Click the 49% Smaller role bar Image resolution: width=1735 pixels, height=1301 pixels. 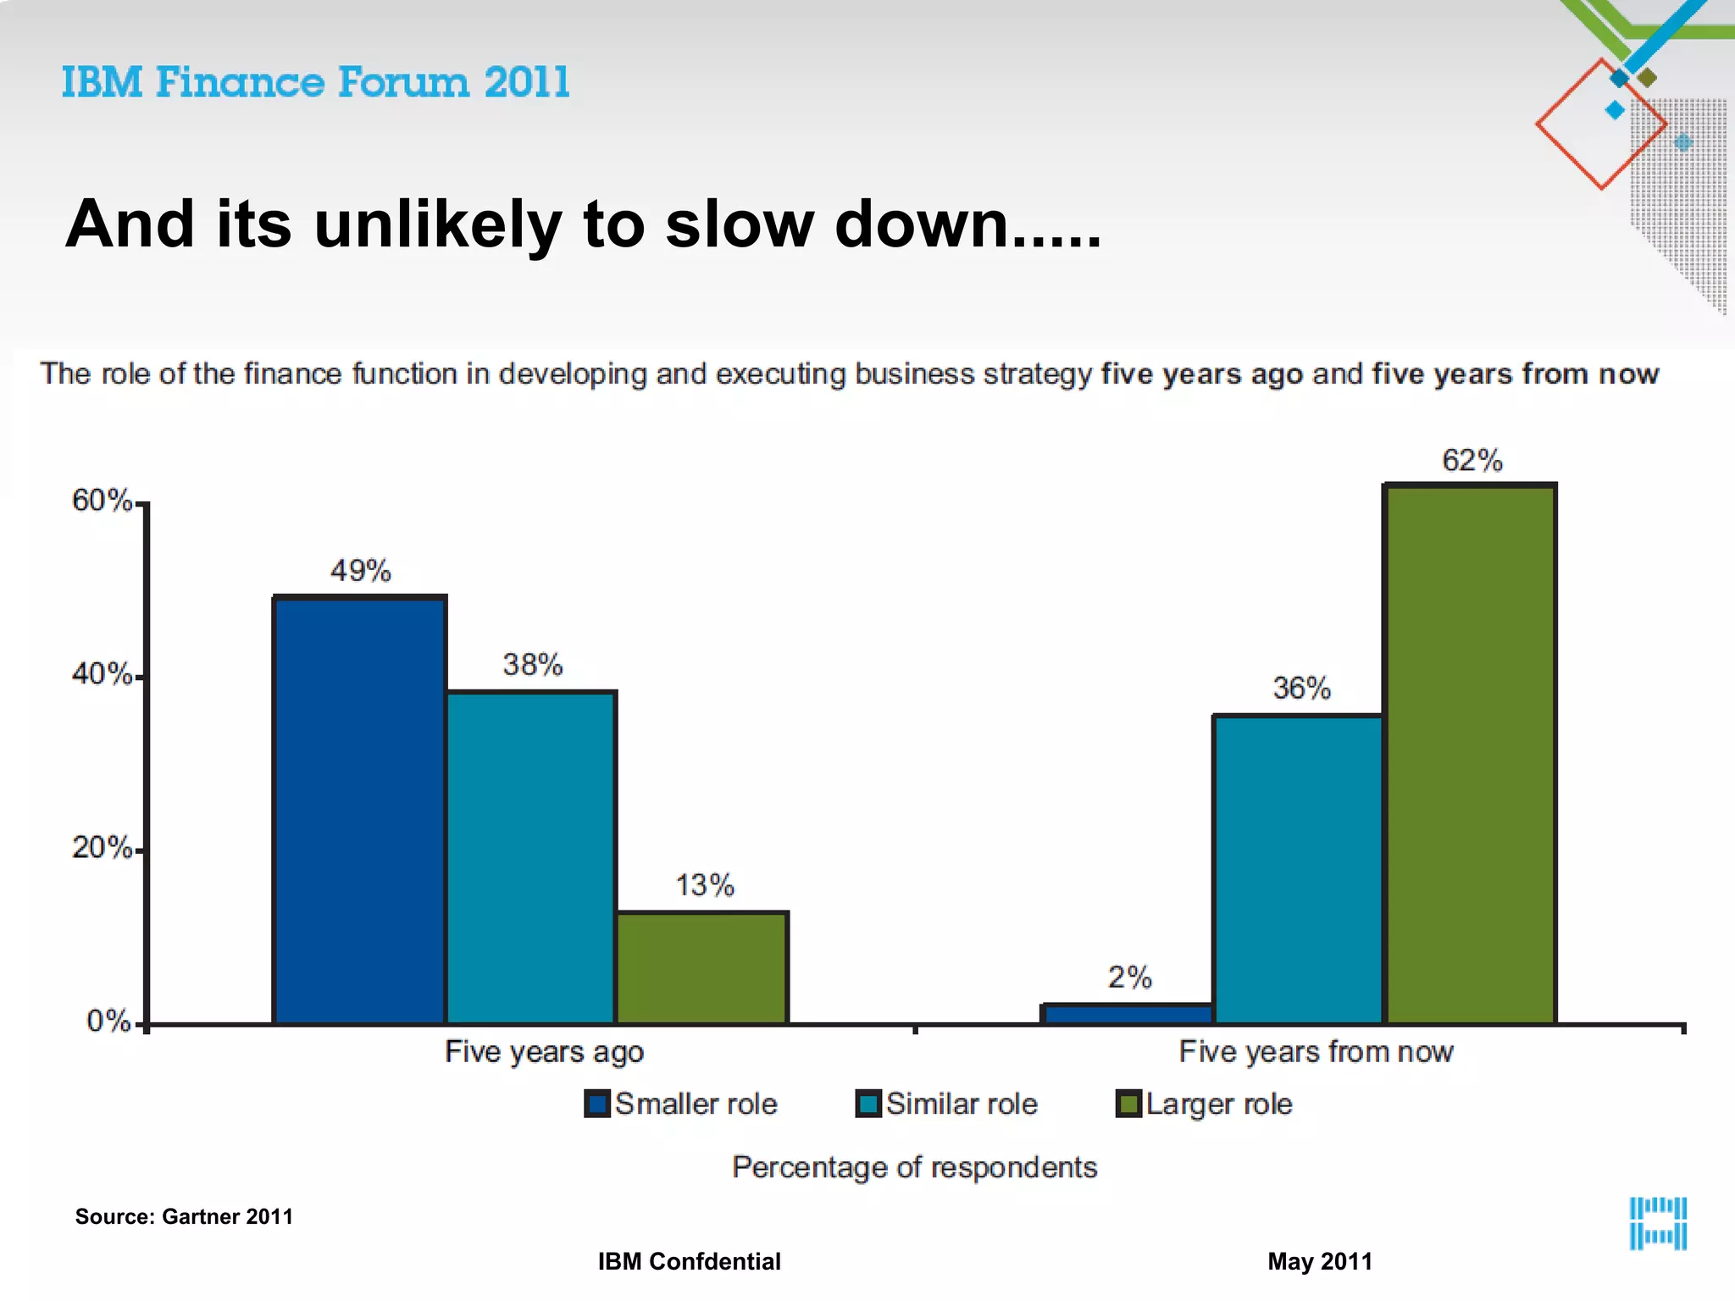(x=360, y=809)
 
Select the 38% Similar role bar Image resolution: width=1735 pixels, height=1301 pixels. (x=531, y=857)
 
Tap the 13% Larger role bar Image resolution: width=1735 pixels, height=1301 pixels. (x=702, y=967)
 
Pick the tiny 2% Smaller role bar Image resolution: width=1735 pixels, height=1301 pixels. (x=1128, y=1014)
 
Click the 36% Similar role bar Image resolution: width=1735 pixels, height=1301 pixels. (x=1298, y=869)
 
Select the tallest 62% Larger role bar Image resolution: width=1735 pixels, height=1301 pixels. (x=1470, y=754)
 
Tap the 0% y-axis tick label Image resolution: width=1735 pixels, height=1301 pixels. (x=108, y=1021)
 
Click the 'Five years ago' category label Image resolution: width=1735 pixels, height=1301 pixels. (x=544, y=1052)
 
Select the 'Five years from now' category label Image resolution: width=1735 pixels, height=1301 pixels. (x=1316, y=1052)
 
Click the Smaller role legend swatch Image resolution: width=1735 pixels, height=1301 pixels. (x=597, y=1104)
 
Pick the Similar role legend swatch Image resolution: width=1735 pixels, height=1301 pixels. (x=868, y=1104)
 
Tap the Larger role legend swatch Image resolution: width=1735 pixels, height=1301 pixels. (x=1128, y=1104)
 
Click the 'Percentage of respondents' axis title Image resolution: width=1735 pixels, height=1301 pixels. (x=914, y=1167)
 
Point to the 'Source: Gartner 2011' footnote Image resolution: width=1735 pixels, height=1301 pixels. (x=184, y=1216)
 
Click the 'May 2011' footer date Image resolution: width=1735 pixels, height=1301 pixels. (x=1319, y=1261)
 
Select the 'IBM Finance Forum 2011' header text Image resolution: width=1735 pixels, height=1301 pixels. (x=316, y=83)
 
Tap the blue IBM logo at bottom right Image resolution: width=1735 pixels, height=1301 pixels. (x=1658, y=1223)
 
